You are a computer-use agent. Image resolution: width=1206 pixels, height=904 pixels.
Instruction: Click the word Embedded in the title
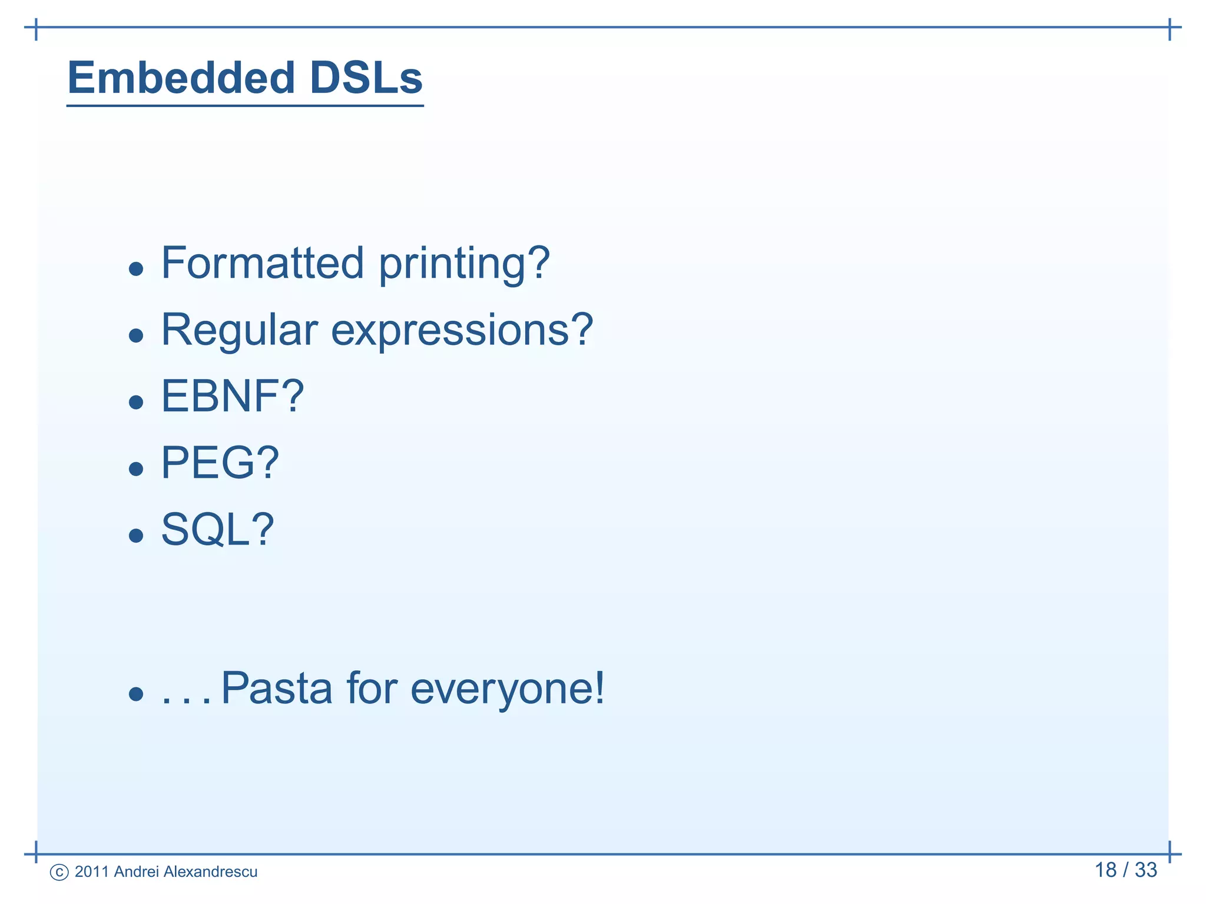(x=181, y=78)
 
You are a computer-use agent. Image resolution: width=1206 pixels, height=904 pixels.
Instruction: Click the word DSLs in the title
(x=366, y=78)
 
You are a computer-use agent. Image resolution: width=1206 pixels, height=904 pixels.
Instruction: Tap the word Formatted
(x=262, y=263)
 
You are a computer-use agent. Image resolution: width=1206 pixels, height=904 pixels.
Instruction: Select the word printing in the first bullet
(x=464, y=264)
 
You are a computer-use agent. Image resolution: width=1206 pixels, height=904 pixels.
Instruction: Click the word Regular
(x=239, y=330)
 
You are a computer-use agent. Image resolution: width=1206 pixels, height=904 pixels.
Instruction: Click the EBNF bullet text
(x=232, y=396)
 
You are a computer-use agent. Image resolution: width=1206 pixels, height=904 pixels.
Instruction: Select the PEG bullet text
(x=220, y=463)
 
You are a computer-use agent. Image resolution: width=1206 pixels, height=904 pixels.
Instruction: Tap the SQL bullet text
(x=217, y=530)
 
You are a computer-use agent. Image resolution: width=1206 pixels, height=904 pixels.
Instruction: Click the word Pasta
(x=276, y=688)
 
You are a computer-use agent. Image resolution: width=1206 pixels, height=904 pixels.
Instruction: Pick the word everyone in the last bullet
(x=506, y=689)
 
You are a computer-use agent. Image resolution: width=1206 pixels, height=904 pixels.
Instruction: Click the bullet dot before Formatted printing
(x=136, y=270)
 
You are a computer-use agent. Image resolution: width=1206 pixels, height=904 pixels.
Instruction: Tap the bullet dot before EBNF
(x=136, y=403)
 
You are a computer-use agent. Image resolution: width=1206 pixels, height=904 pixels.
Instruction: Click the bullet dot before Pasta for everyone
(x=136, y=694)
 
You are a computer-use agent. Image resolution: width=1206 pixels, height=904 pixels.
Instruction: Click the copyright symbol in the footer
(x=59, y=872)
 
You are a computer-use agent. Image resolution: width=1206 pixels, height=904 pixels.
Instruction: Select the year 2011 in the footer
(x=92, y=872)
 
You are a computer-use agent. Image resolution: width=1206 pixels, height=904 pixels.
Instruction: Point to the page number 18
(x=1105, y=870)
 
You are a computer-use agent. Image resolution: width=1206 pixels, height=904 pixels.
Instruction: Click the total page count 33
(x=1145, y=870)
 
